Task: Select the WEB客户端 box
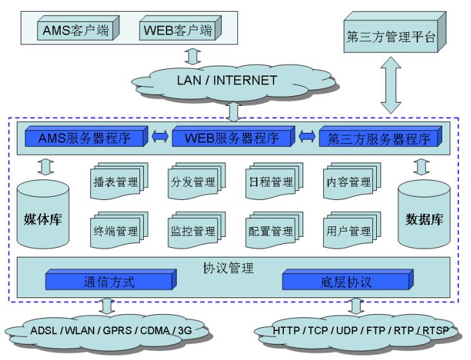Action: coord(177,30)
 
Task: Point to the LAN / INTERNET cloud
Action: coord(226,81)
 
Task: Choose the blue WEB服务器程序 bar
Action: coord(232,138)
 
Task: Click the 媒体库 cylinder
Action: coord(43,215)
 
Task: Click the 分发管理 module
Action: coord(193,183)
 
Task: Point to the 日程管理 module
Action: coord(270,183)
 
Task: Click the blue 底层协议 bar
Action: coord(346,281)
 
